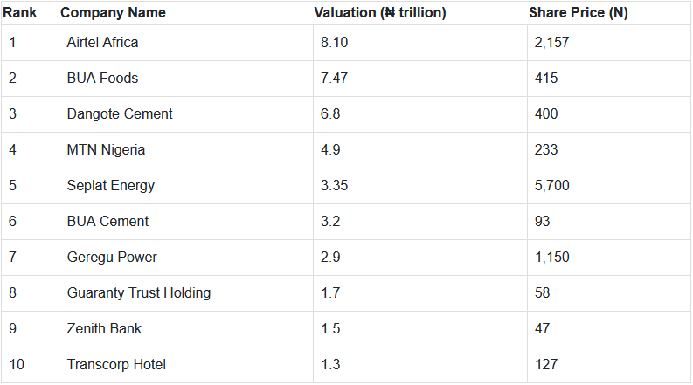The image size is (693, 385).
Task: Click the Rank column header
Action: click(18, 13)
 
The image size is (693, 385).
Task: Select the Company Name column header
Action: click(113, 13)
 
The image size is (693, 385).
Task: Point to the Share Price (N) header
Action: click(579, 13)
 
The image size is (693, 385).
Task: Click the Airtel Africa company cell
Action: click(102, 42)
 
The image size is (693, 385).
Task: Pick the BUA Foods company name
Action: click(102, 78)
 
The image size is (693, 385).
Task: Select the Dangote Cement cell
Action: click(120, 113)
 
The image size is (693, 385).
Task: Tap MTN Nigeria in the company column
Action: click(106, 149)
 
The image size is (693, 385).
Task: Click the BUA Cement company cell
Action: click(107, 221)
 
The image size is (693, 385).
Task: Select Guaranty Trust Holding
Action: click(139, 292)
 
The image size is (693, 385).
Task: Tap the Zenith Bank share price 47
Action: click(543, 328)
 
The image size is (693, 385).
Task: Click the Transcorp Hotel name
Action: click(116, 364)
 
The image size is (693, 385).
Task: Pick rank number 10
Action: click(16, 364)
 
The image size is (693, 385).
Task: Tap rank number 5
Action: click(12, 185)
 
